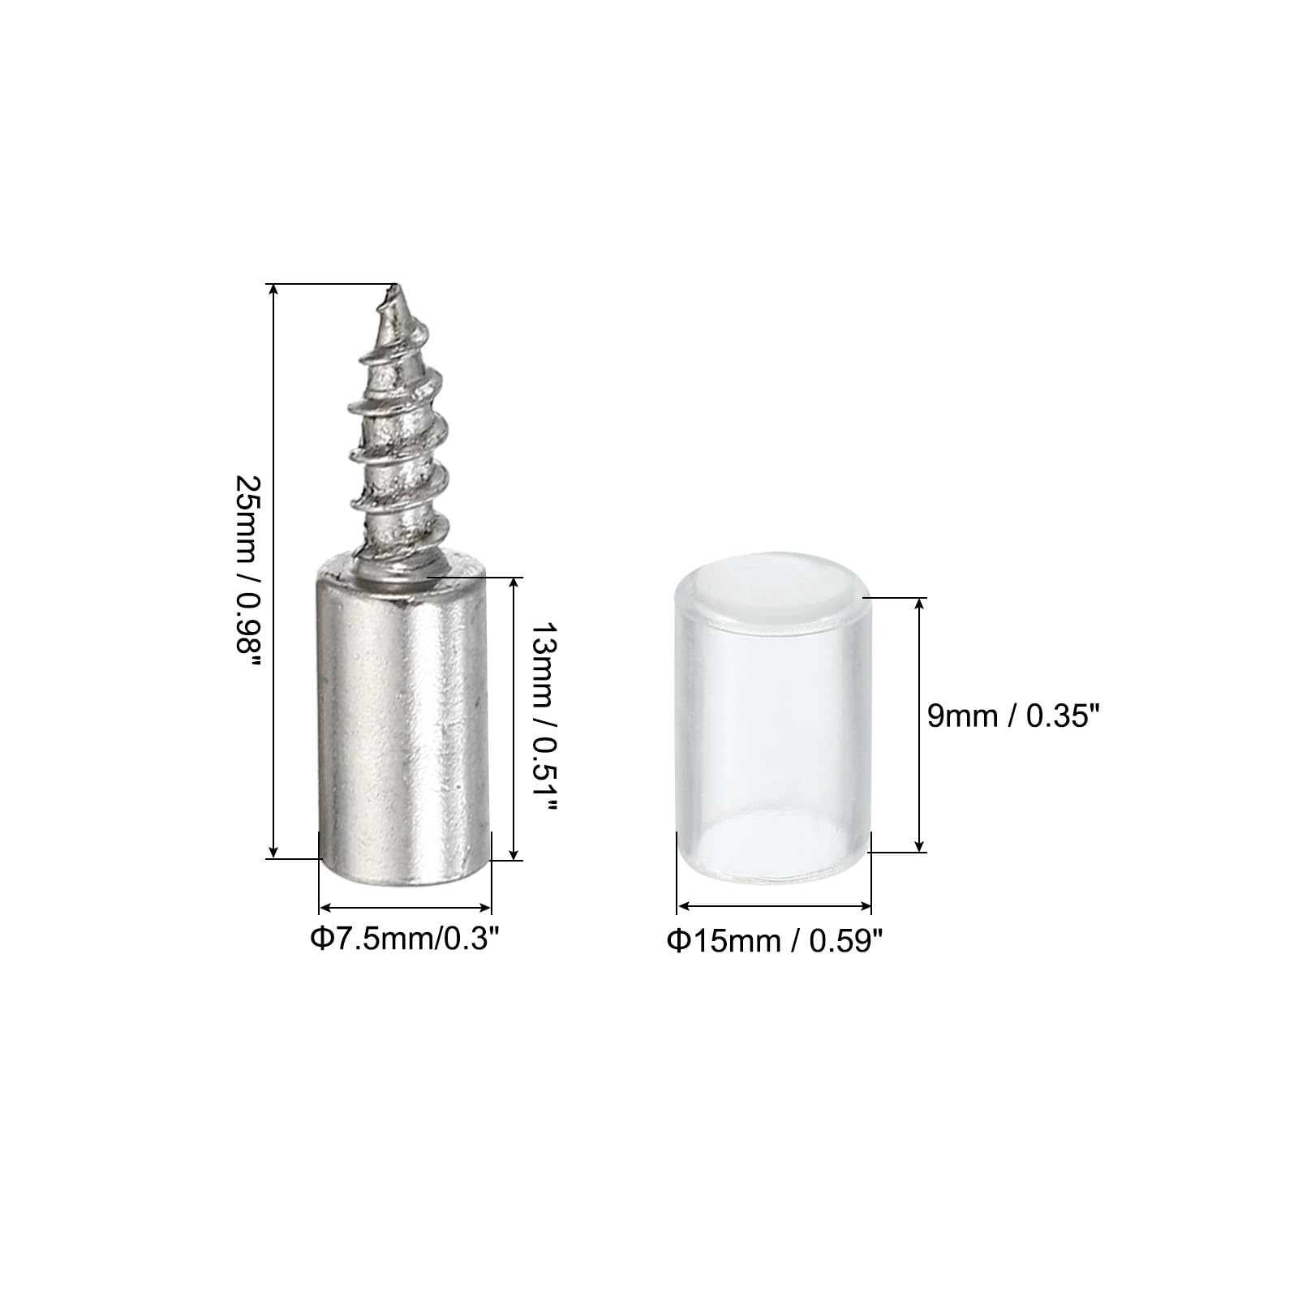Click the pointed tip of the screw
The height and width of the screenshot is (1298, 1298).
pyautogui.click(x=395, y=285)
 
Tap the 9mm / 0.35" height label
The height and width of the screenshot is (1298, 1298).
pyautogui.click(x=1012, y=716)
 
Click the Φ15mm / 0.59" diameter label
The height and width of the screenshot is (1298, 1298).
pyautogui.click(x=774, y=940)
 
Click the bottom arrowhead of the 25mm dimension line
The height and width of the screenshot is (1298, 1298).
pyautogui.click(x=274, y=850)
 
